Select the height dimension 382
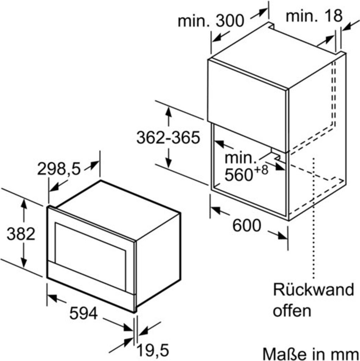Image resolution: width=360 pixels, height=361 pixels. tap(21, 234)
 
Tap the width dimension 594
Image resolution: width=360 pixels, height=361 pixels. tap(83, 313)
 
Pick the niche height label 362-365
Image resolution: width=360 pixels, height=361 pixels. tap(168, 137)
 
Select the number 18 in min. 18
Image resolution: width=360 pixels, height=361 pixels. tap(334, 16)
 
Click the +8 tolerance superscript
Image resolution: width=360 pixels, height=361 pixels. tap(262, 170)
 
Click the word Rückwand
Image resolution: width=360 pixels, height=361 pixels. tap(313, 290)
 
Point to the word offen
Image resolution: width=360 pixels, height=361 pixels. tap(293, 311)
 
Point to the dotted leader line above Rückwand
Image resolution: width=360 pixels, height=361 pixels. tap(313, 219)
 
